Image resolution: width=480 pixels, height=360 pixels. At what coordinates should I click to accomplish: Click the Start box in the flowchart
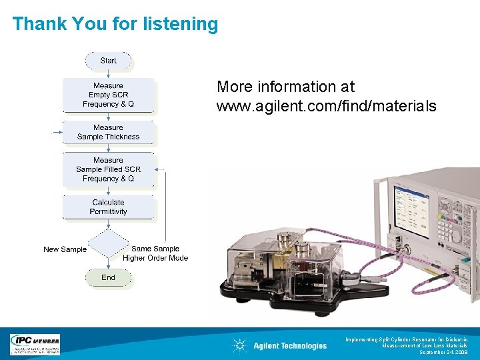[x=109, y=61]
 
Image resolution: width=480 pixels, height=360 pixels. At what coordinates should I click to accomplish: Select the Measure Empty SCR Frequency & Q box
[x=109, y=95]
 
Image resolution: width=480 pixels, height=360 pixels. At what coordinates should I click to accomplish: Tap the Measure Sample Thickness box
[x=109, y=132]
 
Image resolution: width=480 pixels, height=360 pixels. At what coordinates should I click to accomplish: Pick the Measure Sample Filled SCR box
[x=109, y=169]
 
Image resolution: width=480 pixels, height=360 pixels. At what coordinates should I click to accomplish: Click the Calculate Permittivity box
[x=109, y=207]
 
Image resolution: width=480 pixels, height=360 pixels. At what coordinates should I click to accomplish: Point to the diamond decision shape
[x=109, y=244]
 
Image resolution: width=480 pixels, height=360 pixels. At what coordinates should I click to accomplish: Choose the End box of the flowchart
[x=109, y=277]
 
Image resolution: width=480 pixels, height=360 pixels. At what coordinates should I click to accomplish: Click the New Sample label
[x=65, y=249]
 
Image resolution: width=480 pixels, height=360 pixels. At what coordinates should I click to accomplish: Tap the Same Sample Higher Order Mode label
[x=155, y=253]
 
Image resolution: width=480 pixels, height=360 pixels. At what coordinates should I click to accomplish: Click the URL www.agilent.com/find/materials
[x=326, y=106]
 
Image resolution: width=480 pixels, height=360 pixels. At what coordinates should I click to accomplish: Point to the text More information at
[x=285, y=87]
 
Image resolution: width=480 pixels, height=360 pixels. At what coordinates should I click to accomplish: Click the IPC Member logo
[x=35, y=344]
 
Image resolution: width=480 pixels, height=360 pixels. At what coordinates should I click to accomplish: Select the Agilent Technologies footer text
[x=290, y=345]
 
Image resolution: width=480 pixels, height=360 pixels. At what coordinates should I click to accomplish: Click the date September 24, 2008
[x=443, y=352]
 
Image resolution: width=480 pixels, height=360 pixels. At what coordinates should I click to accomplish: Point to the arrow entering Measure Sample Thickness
[x=57, y=132]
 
